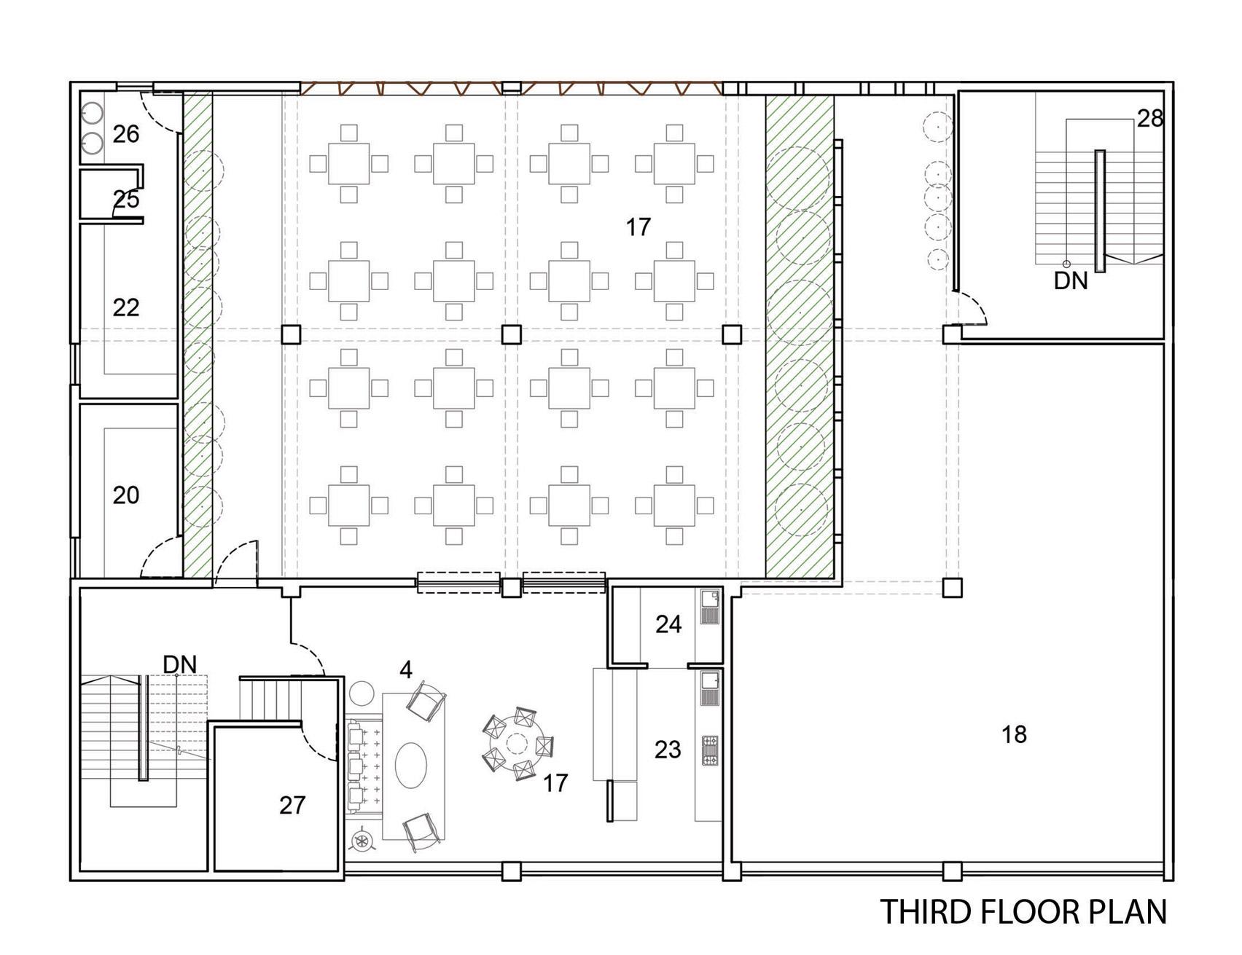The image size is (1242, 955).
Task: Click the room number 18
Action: [1014, 734]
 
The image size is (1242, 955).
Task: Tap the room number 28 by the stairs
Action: [1150, 118]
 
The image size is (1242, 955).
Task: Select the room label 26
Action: [126, 134]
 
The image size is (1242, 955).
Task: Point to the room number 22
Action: [126, 307]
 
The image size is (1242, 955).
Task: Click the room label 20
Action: [126, 495]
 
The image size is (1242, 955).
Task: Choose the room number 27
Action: [292, 805]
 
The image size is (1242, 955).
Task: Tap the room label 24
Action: [668, 624]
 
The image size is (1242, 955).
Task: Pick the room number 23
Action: [668, 750]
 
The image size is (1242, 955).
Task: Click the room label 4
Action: [406, 670]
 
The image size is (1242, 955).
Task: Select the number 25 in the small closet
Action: [126, 200]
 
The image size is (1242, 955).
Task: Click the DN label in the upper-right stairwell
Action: [1071, 281]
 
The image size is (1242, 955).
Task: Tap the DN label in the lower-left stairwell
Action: [180, 664]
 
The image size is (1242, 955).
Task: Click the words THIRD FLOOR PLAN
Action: [1023, 913]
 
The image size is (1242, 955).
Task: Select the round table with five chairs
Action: [517, 744]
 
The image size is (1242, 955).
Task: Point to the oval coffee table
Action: [412, 765]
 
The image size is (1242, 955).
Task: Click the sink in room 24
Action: [709, 599]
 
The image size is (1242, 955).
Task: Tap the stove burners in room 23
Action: [710, 751]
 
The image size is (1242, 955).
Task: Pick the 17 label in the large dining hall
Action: [638, 228]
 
